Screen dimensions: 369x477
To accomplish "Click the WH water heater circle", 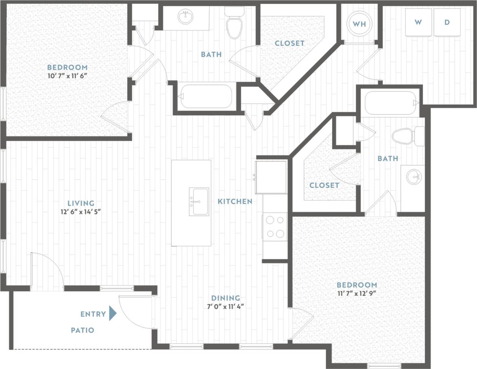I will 359,23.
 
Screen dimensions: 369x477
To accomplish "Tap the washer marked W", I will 418,23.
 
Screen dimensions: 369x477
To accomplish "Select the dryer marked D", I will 447,23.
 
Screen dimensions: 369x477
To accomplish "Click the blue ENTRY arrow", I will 113,314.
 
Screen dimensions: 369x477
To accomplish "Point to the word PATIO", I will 82,330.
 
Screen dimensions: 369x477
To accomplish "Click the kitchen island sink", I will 199,201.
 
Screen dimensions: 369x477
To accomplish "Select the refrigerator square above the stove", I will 271,177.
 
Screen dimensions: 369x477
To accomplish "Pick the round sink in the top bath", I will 186,17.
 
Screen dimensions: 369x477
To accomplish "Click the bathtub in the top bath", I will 206,96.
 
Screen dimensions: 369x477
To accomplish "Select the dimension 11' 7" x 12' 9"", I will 357,293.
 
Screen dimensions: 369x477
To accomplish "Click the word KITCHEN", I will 235,201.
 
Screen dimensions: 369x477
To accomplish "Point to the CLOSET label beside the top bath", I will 289,43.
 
